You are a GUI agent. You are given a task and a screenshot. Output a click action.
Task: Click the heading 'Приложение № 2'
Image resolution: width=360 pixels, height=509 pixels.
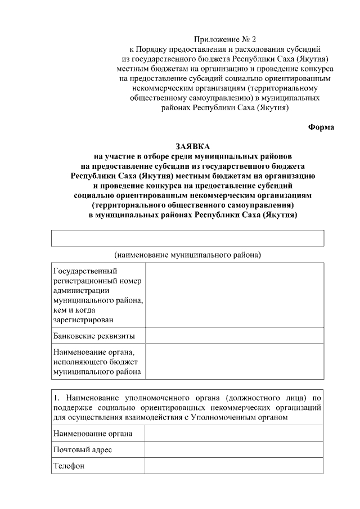tap(224, 39)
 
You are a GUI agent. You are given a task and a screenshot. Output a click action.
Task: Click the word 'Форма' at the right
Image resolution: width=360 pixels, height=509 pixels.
tap(321, 127)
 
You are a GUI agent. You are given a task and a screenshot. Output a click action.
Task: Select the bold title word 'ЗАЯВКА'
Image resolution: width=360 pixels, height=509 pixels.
tap(187, 146)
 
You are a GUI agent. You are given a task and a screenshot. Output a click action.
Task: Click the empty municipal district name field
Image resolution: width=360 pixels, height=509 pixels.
tap(187, 238)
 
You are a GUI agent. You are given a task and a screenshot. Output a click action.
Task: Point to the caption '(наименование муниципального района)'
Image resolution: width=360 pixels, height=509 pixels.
tap(187, 255)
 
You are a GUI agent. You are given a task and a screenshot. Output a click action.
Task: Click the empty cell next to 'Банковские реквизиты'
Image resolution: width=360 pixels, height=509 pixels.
tap(234, 336)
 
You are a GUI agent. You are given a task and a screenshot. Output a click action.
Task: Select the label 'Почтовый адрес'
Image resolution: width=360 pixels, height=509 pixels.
tap(82, 449)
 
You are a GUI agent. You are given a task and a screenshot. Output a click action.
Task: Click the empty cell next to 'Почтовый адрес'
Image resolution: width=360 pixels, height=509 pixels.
tap(234, 449)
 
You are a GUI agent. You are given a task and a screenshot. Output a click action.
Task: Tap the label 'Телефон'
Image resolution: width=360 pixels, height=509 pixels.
tap(69, 466)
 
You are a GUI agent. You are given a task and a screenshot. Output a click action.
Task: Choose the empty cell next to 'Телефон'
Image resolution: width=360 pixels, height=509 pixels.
tap(234, 466)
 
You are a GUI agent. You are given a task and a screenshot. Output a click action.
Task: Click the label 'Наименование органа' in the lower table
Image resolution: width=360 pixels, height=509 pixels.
tap(93, 433)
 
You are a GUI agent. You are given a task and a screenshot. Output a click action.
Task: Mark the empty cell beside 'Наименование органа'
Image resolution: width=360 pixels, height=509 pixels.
tap(234, 433)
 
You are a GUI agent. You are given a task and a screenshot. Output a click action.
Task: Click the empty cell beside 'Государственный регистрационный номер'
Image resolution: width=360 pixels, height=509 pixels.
tap(234, 295)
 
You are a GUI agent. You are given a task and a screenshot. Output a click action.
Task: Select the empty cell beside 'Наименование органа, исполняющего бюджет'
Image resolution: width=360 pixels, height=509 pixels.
tap(234, 361)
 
